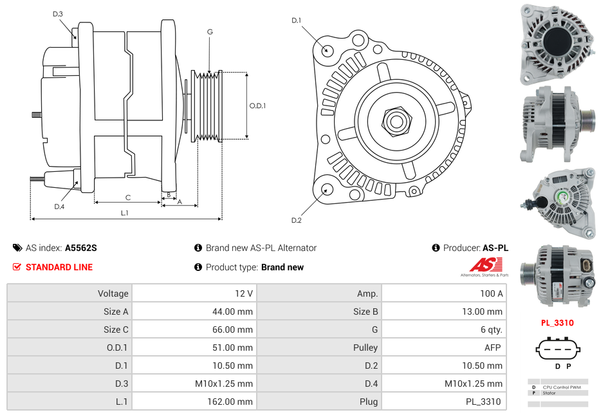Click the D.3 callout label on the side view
pyautogui.click(x=58, y=14)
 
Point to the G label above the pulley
pyautogui.click(x=210, y=32)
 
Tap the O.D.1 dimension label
pyautogui.click(x=257, y=106)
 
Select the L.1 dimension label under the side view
pyautogui.click(x=125, y=212)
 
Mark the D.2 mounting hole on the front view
pyautogui.click(x=326, y=189)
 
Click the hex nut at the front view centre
pyautogui.click(x=396, y=120)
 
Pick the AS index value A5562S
pyautogui.click(x=80, y=248)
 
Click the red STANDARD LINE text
pyautogui.click(x=59, y=267)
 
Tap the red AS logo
pyautogui.click(x=485, y=264)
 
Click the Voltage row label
pyautogui.click(x=113, y=293)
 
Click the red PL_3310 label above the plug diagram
pyautogui.click(x=557, y=323)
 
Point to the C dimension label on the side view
pyautogui.click(x=127, y=197)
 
